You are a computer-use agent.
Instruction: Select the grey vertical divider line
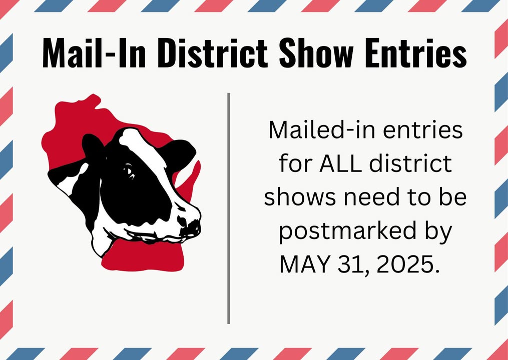[x=229, y=208]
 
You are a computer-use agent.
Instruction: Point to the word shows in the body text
[x=299, y=198]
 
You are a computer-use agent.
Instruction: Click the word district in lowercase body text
[x=410, y=163]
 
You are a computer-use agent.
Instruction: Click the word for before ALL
[x=295, y=163]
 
